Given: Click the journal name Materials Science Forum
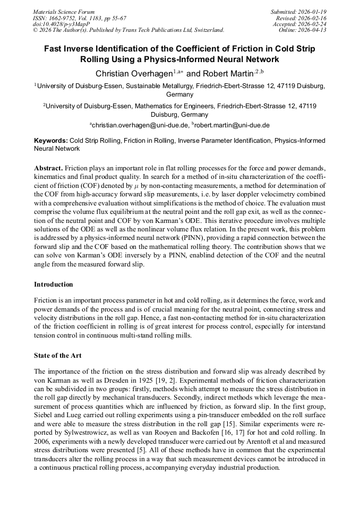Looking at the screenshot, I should pos(64,12).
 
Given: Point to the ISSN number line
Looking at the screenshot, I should pos(79,18).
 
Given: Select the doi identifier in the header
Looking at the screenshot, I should pos(61,24).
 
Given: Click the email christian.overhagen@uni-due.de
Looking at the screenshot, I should pos(140,125).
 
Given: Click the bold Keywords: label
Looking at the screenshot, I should pos(51,141).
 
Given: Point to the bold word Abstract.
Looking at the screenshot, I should pos(48,167).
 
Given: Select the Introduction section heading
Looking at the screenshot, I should pos(53,284).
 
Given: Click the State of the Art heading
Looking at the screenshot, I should pos(58,356).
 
